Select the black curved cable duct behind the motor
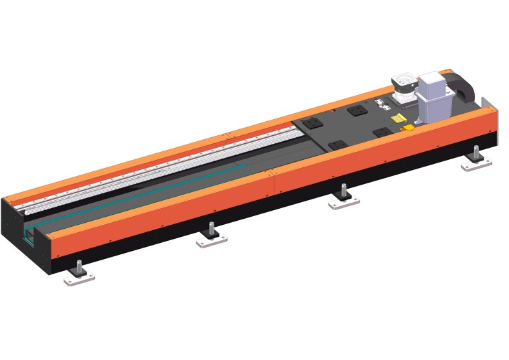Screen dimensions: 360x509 (463, 86)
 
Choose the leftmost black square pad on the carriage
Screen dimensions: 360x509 (313, 123)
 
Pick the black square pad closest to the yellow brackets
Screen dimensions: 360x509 (382, 131)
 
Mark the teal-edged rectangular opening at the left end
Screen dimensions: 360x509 (29, 234)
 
